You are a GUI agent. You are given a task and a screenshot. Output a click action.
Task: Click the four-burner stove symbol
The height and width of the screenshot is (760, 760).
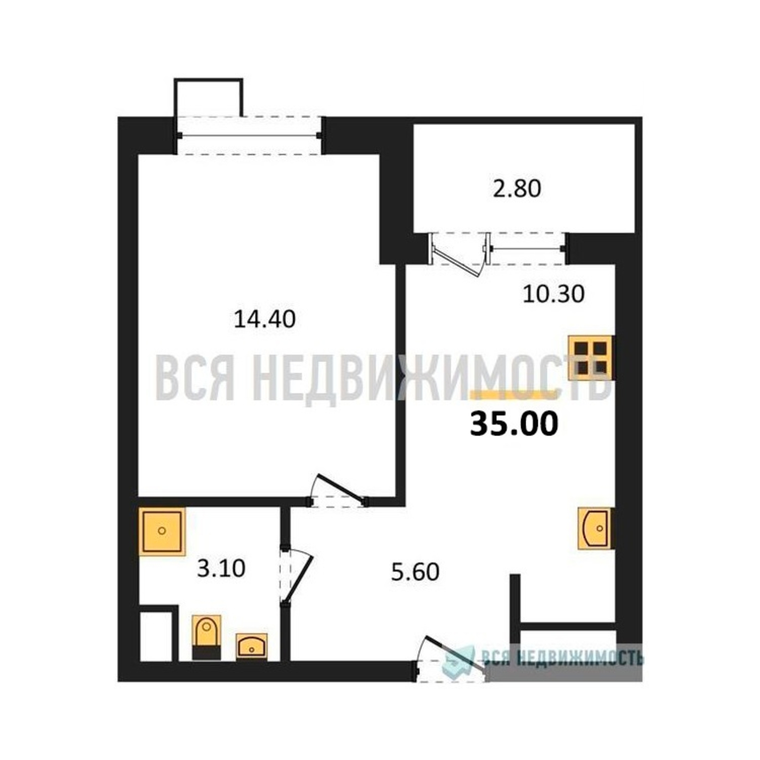pos(591,358)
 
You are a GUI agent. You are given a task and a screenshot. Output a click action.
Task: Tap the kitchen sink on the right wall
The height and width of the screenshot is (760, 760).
pos(594,528)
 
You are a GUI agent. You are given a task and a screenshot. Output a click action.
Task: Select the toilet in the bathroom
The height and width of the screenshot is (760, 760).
pos(206,638)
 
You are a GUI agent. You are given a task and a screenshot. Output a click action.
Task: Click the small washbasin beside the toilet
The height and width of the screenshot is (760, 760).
pos(251,646)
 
